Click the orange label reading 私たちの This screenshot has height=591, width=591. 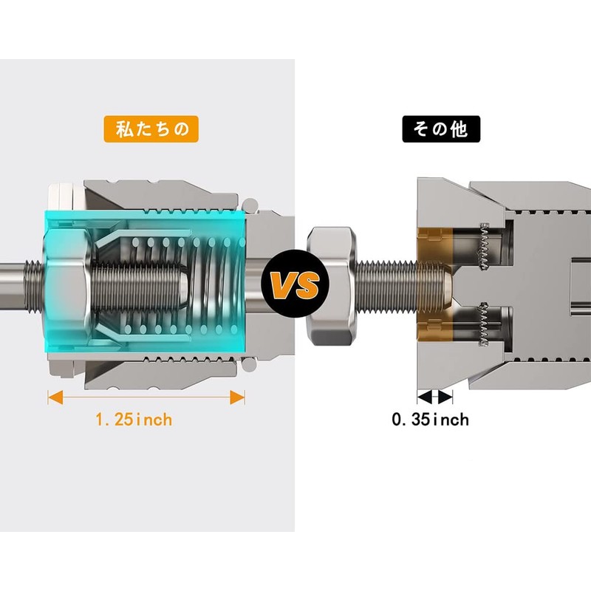151,129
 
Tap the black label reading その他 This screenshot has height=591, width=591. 441,129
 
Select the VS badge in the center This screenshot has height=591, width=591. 295,283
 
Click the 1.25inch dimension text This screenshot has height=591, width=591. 134,420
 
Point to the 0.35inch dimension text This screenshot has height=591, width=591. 431,420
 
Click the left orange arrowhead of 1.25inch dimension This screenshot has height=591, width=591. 55,397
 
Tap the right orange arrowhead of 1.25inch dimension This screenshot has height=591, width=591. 237,397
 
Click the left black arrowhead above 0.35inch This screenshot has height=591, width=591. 425,397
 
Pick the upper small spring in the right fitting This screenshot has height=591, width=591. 485,247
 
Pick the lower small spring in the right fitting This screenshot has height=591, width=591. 485,324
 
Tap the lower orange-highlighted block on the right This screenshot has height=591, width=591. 435,324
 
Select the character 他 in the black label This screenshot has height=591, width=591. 459,129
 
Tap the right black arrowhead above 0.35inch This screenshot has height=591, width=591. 445,397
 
